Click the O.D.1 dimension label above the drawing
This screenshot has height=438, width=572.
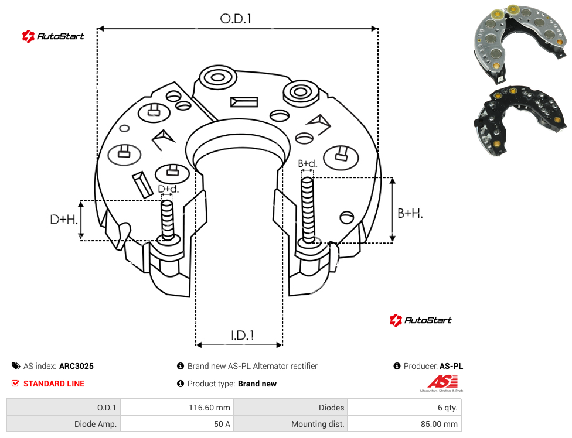[x=236, y=19]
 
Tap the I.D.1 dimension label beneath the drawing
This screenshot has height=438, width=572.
[x=243, y=336]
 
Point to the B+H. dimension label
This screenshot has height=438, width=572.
[x=410, y=213]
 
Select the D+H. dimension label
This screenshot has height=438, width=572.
[x=64, y=220]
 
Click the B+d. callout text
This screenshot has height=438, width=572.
[x=308, y=163]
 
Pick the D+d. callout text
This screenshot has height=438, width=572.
[x=168, y=189]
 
